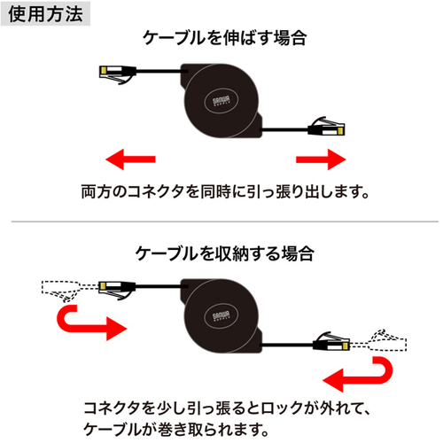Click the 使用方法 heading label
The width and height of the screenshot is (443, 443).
(x=45, y=14)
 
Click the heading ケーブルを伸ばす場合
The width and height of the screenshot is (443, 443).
(x=225, y=38)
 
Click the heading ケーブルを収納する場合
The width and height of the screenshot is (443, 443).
(x=225, y=253)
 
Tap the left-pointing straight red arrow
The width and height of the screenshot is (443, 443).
(x=130, y=159)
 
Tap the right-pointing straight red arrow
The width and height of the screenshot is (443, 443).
(x=321, y=159)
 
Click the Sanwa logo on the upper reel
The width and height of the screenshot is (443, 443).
(x=221, y=101)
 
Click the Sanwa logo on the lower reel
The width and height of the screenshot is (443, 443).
(x=221, y=316)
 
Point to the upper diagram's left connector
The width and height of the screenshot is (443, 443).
(x=118, y=74)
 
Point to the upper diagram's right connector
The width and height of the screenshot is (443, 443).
(x=326, y=127)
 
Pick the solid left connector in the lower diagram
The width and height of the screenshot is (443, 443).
(x=117, y=290)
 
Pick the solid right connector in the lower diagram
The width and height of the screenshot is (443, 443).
(x=331, y=341)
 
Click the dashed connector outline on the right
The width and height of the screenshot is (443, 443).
(x=378, y=340)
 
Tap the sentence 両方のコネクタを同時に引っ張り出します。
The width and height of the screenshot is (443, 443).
(x=225, y=192)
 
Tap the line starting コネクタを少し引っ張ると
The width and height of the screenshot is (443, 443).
(x=227, y=408)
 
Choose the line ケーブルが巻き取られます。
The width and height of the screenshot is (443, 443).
(x=176, y=430)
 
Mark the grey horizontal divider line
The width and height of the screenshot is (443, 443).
(x=225, y=221)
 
